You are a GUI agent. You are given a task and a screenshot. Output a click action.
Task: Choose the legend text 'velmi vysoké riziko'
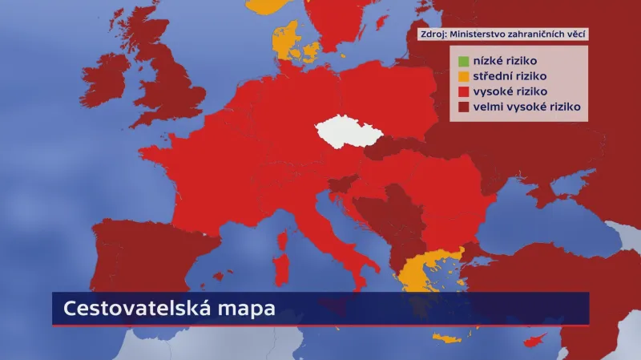click(526, 107)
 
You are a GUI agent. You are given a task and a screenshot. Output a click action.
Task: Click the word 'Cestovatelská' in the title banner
click(145, 309)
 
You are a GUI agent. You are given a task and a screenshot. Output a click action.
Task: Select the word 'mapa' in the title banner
click(252, 309)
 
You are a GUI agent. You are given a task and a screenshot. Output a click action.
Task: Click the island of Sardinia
click(281, 268)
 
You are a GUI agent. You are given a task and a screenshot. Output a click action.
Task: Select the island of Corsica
click(282, 240)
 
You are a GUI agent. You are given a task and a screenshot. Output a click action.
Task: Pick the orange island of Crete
click(450, 338)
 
